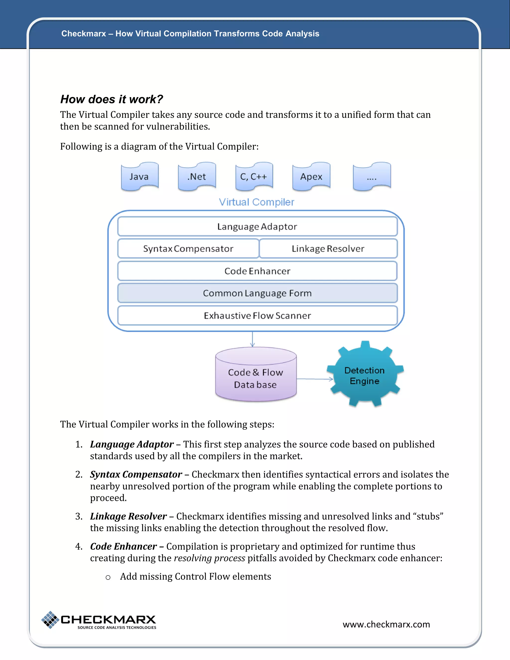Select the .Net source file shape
[197, 177]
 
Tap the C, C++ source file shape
[254, 177]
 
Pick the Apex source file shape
[311, 177]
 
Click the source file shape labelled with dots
[372, 177]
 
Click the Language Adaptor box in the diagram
[257, 226]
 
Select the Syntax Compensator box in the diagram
[188, 248]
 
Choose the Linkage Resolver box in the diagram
[328, 248]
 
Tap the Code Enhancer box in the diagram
[257, 271]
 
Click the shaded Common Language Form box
[257, 293]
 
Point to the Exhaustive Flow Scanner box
[257, 316]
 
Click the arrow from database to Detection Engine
[314, 379]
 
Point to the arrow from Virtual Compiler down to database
[253, 339]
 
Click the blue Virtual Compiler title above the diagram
[256, 202]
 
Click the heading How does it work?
[112, 99]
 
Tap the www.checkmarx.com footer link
[386, 624]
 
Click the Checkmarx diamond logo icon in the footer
[50, 619]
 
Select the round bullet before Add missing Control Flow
[108, 577]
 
